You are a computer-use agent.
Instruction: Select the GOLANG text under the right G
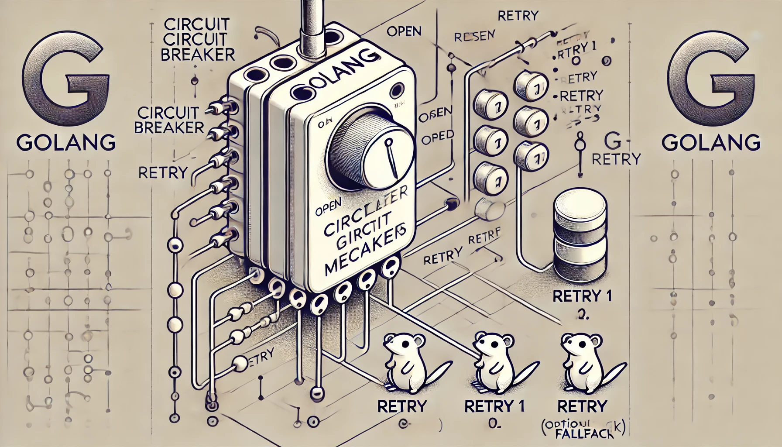(711, 142)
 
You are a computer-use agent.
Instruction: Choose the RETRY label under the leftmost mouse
(401, 406)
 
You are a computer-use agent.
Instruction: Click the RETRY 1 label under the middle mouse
(495, 406)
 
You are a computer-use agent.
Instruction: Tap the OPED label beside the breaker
(437, 138)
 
